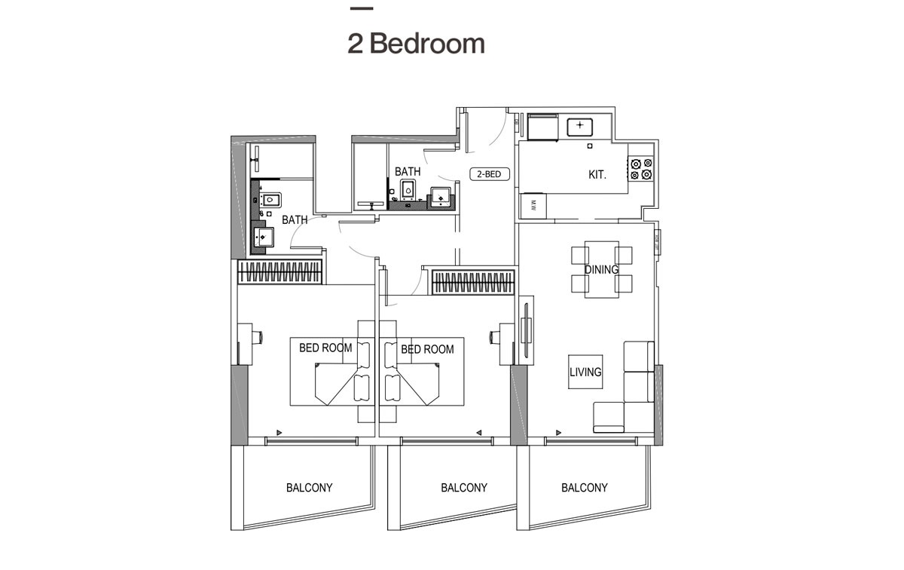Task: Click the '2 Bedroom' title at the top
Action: [x=416, y=44]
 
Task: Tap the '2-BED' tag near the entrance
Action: [x=490, y=174]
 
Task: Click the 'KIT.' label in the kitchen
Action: [x=597, y=175]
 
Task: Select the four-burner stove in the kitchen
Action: [x=640, y=169]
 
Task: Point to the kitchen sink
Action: [x=579, y=125]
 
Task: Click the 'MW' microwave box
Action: [x=533, y=204]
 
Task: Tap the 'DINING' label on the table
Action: [x=601, y=269]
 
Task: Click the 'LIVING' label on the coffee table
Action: [x=585, y=372]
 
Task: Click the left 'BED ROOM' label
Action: [x=325, y=348]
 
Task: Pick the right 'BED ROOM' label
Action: [x=427, y=349]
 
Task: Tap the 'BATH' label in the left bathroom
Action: [x=295, y=220]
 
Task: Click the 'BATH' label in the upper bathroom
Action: [x=408, y=172]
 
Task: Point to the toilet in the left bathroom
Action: [x=271, y=201]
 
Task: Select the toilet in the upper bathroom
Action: [x=410, y=189]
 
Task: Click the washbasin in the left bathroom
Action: [x=263, y=239]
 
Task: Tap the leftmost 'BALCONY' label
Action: [x=309, y=488]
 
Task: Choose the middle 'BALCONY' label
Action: [x=464, y=488]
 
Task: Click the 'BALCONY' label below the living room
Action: [x=585, y=488]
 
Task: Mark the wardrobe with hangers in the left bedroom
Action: [x=280, y=272]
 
